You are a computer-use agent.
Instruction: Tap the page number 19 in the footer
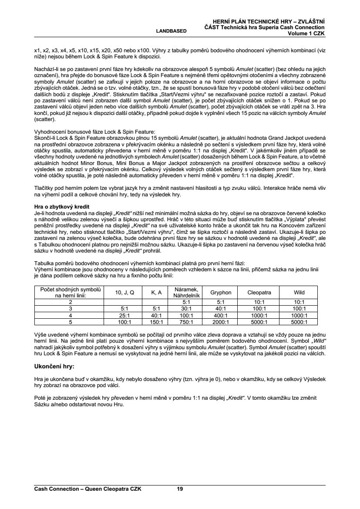[180, 489]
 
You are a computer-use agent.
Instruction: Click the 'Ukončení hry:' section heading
[54, 367]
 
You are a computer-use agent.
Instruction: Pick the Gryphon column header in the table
[221, 293]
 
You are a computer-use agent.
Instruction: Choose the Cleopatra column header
[259, 293]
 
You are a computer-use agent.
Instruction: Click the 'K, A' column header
[156, 293]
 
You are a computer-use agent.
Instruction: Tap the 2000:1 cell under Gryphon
[221, 322]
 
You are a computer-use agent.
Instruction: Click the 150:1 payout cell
[156, 322]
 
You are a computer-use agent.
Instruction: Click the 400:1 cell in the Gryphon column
[221, 315]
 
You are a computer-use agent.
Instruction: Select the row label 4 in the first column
[71, 315]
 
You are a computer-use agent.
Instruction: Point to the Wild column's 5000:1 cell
[299, 322]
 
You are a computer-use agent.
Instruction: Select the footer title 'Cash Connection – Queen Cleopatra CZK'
[87, 489]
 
